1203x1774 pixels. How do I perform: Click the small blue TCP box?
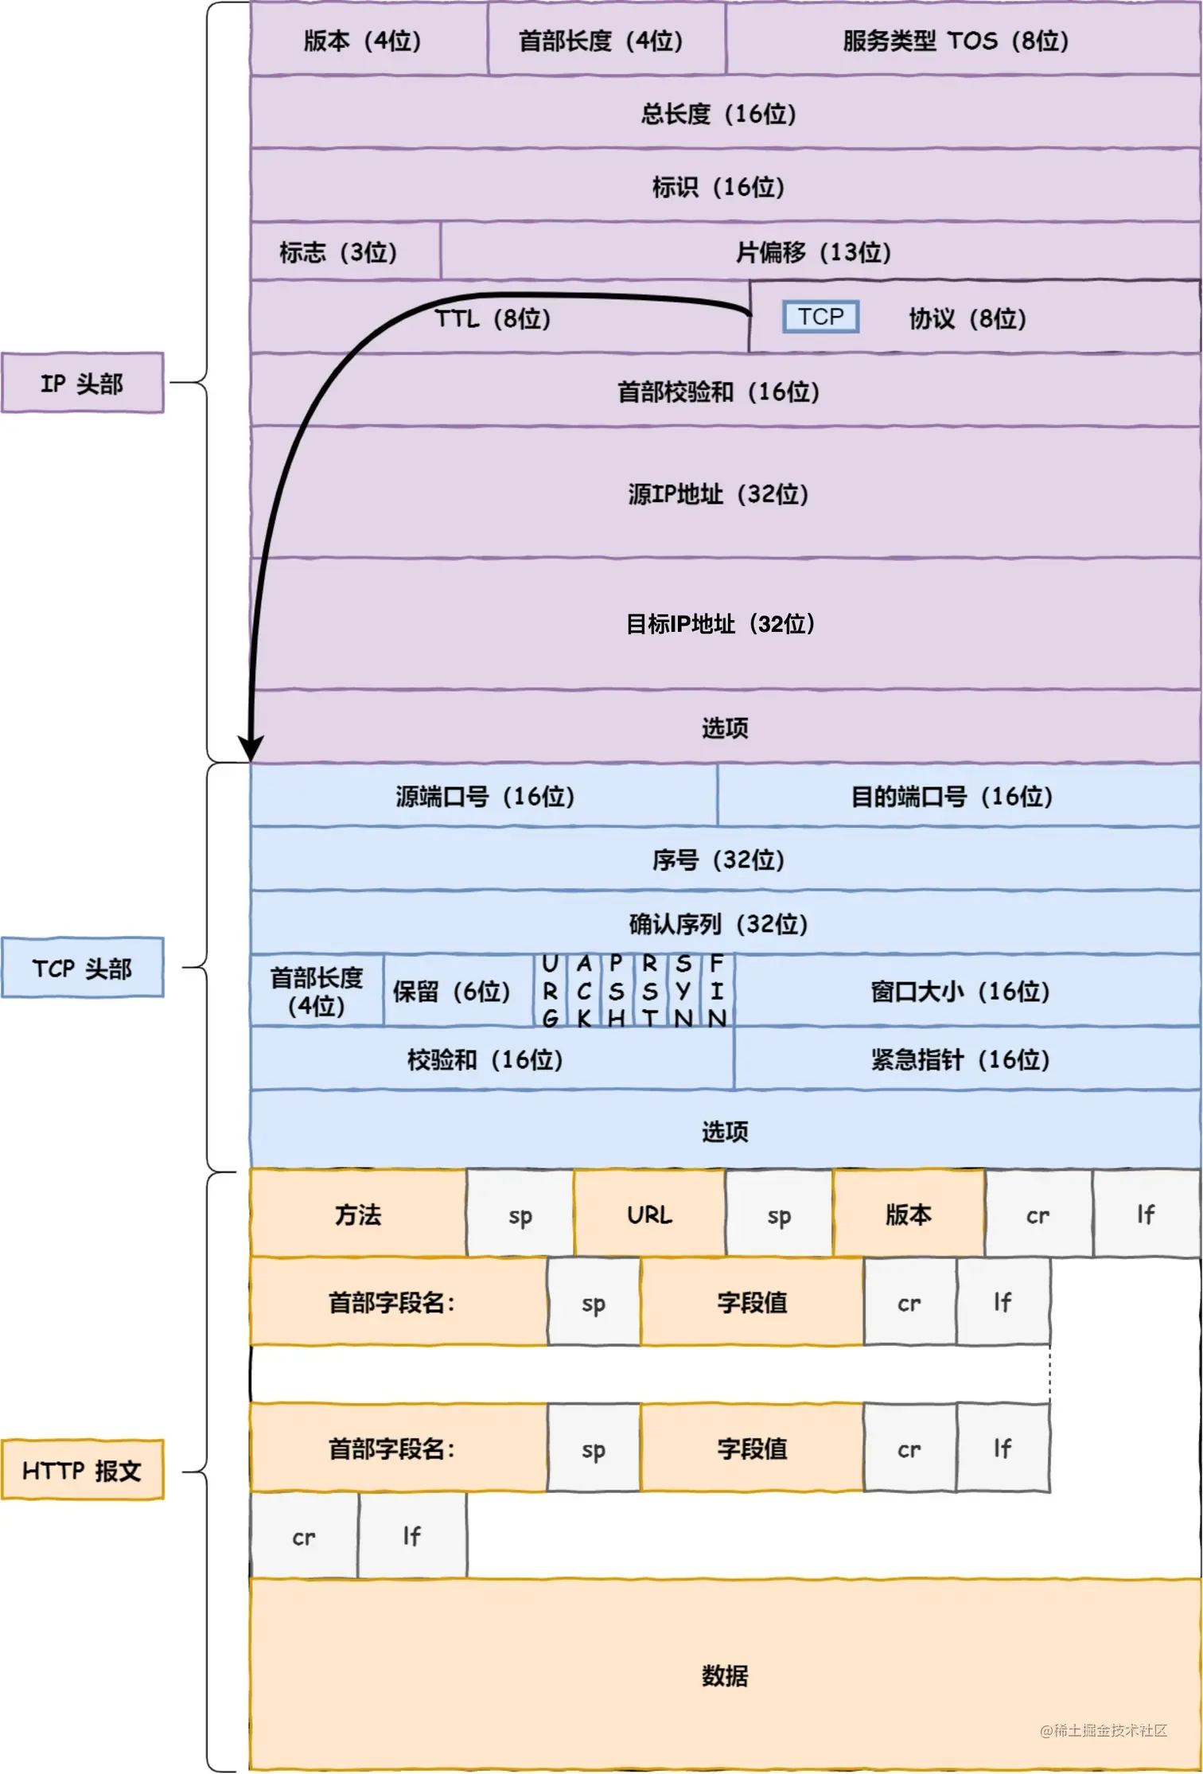point(820,317)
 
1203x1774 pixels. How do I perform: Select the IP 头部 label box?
point(82,383)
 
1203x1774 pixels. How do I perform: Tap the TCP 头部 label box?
point(82,968)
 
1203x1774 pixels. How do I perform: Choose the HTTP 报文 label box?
point(82,1470)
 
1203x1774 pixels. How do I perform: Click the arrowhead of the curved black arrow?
point(251,748)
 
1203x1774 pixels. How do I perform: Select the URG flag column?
point(550,991)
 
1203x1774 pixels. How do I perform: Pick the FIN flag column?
point(717,991)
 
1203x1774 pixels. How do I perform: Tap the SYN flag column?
point(683,991)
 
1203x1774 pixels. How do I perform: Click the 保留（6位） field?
point(451,992)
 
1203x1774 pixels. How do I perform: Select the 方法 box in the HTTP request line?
point(358,1215)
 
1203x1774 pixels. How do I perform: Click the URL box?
point(649,1215)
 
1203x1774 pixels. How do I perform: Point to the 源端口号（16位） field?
point(485,796)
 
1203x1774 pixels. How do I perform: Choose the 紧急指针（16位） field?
point(960,1059)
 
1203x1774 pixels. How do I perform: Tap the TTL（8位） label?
point(492,318)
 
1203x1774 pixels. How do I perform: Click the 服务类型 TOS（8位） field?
point(956,40)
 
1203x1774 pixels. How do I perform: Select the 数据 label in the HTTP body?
point(724,1675)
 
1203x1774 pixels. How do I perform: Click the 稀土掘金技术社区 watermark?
point(1104,1729)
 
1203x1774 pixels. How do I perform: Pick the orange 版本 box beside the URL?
point(909,1215)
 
